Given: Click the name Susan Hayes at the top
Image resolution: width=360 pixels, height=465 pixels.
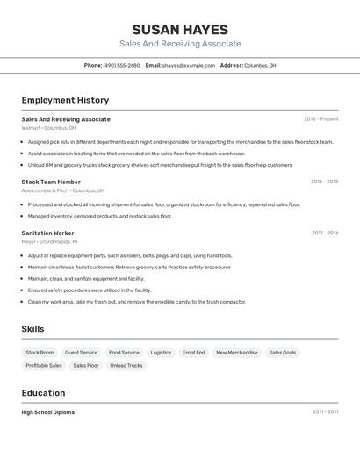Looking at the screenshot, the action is [180, 30].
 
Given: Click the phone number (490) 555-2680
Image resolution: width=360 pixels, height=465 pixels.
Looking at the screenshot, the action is [121, 65].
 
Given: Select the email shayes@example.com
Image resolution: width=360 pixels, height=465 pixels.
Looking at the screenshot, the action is [188, 65].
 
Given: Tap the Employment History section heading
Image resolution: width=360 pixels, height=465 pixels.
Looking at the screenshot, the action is [65, 100].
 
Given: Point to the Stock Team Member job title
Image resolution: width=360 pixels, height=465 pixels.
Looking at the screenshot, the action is [51, 182].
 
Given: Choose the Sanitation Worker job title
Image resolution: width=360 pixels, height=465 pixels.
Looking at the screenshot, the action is [47, 232].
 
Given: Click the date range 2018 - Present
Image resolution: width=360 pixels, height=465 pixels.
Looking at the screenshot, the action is [320, 119].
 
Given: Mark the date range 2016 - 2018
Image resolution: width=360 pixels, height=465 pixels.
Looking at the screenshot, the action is [324, 182].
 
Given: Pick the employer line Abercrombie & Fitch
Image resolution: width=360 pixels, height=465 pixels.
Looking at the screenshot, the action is [62, 190].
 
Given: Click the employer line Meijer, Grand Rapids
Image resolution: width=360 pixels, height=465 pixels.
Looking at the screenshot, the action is [49, 241].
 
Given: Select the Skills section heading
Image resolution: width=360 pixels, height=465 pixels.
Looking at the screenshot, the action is [32, 329].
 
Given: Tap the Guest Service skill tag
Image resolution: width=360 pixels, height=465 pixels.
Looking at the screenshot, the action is [82, 353].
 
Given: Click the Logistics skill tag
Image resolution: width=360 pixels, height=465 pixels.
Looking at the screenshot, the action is [161, 353].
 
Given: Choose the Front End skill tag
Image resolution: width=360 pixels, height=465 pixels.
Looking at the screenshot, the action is [194, 353].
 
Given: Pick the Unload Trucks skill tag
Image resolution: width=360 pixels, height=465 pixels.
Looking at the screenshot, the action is [126, 365].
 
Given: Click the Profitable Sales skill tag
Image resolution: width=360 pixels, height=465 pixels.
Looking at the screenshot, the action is [44, 365].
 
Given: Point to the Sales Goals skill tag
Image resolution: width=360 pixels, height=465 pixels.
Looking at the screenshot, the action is [283, 353].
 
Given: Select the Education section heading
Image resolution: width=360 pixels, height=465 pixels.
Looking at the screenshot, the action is [43, 393].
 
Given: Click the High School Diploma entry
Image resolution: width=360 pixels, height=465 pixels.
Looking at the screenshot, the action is [48, 412].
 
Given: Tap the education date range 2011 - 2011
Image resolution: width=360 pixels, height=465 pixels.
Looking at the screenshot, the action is [325, 411].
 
